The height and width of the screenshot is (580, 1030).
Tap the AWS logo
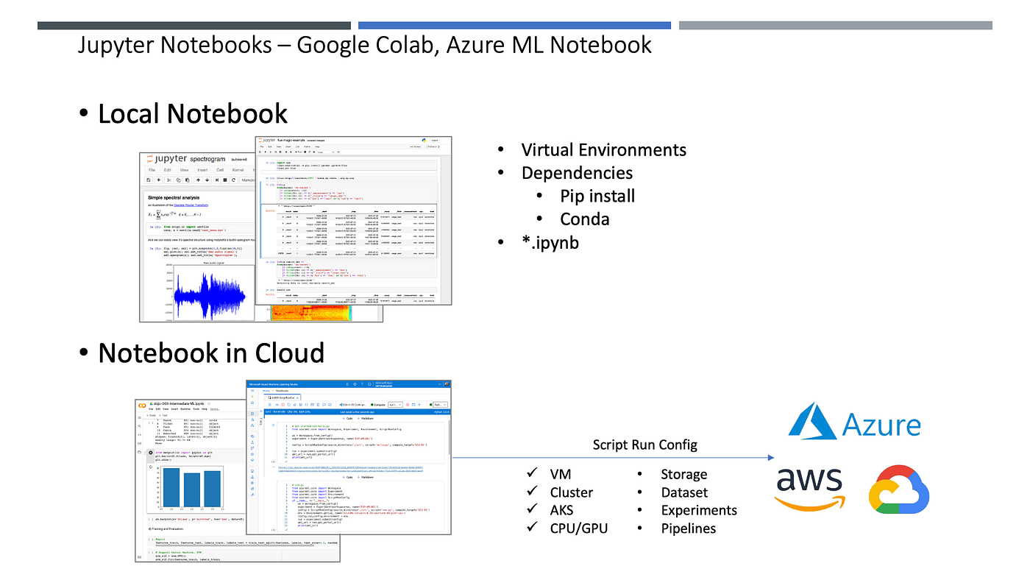coord(810,489)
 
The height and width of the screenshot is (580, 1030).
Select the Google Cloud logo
coord(899,490)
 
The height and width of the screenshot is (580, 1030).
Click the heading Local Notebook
coord(192,113)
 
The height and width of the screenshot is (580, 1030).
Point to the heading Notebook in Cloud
coord(210,353)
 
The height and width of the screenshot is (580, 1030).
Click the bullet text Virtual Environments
coord(603,150)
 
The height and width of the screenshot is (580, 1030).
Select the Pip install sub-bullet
coord(597,196)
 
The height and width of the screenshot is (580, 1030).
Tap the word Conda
coord(584,219)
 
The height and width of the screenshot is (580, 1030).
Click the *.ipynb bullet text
coord(550,242)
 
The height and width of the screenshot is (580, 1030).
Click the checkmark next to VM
coord(533,474)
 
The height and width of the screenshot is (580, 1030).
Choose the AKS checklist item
coord(561,510)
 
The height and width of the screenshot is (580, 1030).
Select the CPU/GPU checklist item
coord(578,528)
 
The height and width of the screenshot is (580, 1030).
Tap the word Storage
coord(683,475)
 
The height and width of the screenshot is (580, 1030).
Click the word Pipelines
coord(688,528)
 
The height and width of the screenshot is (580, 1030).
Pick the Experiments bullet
coord(698,510)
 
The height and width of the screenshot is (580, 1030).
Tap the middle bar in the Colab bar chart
coord(191,489)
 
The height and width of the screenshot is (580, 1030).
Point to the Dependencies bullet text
coord(577,173)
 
